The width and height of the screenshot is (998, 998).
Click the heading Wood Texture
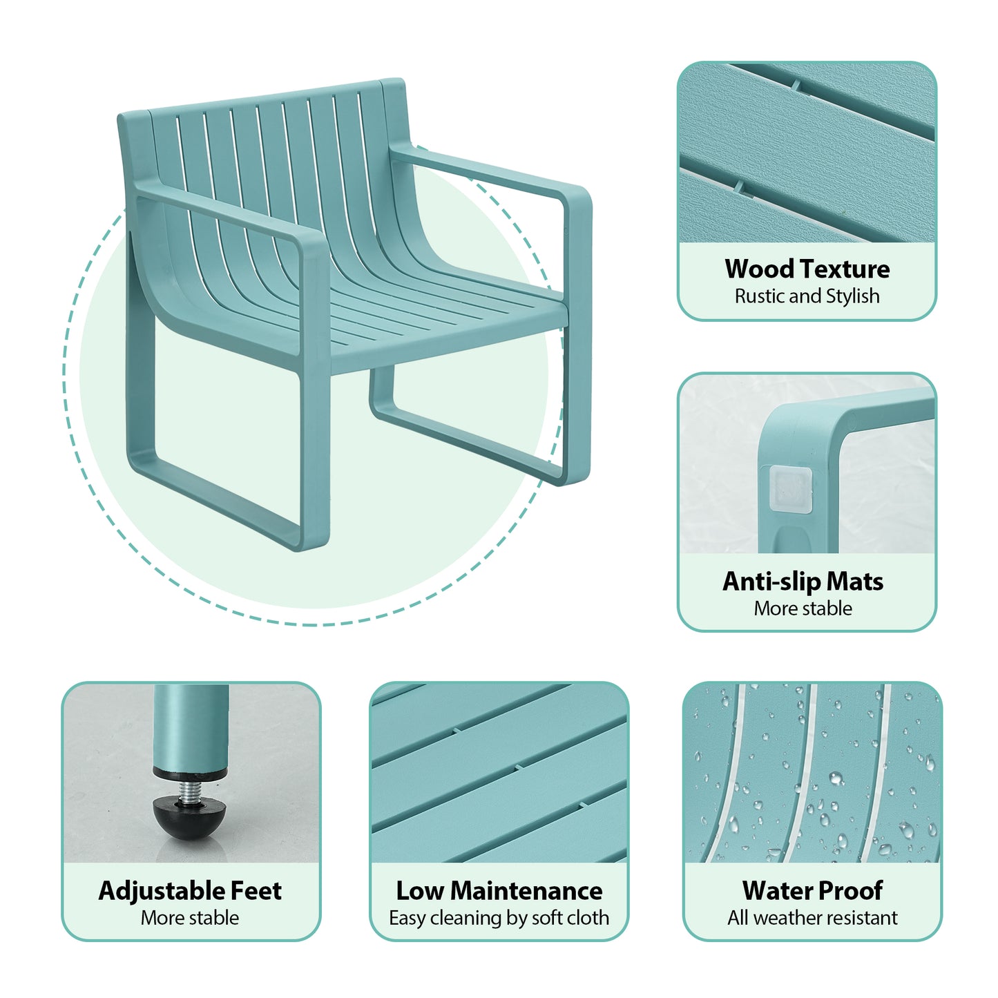click(807, 269)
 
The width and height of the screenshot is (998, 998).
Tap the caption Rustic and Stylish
click(807, 296)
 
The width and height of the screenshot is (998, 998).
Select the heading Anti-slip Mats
click(803, 582)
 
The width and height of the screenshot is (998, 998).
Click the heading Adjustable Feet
click(190, 891)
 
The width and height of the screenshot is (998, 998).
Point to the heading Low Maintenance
click(499, 891)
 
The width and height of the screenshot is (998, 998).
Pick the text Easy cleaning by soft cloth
click(499, 918)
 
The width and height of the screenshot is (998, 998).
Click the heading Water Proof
click(812, 891)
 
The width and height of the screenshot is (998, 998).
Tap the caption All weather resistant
click(812, 918)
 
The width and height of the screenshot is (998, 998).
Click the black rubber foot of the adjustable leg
click(182, 819)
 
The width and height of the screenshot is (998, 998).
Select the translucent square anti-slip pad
click(791, 489)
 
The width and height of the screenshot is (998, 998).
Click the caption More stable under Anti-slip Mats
click(803, 608)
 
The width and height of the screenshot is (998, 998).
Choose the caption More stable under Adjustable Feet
click(190, 918)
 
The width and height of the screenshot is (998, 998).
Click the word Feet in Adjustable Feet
click(256, 891)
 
